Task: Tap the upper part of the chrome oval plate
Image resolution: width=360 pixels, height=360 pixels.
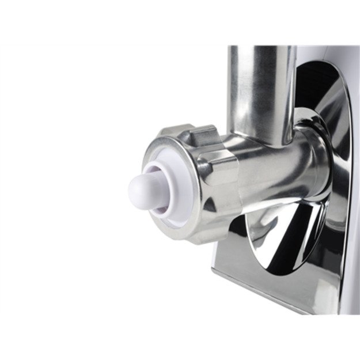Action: (323, 115)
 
